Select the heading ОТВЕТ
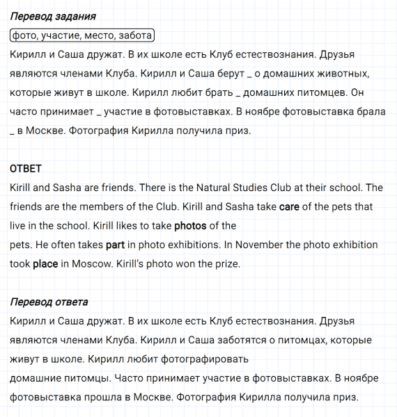[x=26, y=168]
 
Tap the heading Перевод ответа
[x=49, y=302]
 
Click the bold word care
[x=288, y=206]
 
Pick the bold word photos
[x=190, y=225]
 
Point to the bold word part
[x=115, y=245]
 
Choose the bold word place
[x=45, y=263]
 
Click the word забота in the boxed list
[x=134, y=35]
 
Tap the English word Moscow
[x=91, y=263]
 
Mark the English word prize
[x=226, y=263]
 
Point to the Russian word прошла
[x=92, y=398]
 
